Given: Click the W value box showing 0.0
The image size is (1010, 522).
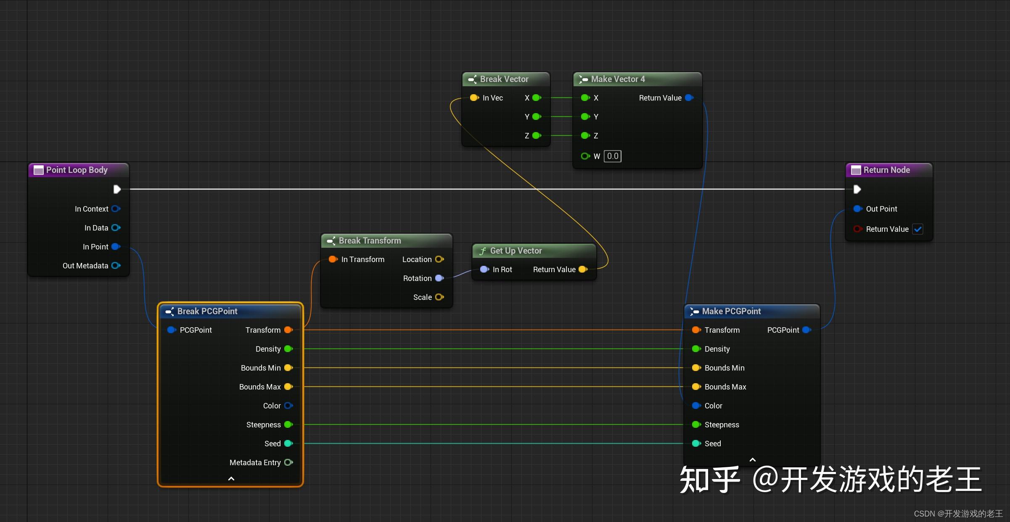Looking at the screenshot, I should click(x=612, y=156).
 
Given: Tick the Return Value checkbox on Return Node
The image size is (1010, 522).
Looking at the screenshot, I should click(x=918, y=229).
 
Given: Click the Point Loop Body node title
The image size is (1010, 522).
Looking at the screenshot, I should click(x=77, y=170).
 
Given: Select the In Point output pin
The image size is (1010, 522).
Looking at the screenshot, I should click(x=116, y=247).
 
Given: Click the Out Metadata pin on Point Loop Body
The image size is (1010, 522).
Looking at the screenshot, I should click(x=116, y=266).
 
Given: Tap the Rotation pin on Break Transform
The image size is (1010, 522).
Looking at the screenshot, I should click(x=439, y=278).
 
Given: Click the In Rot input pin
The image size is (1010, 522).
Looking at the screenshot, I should click(x=484, y=269).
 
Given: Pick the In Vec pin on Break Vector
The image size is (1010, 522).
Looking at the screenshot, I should click(x=474, y=98).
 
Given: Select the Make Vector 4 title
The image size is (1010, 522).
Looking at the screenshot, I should click(x=617, y=79).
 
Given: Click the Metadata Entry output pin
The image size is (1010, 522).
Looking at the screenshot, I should click(x=288, y=462).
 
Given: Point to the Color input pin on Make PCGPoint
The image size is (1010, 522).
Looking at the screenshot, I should click(x=696, y=405).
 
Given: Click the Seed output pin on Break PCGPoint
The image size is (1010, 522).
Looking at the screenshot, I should click(x=288, y=443).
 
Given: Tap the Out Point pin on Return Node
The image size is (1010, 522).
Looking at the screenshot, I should click(x=857, y=209).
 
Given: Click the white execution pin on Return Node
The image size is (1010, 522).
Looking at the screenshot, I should click(x=857, y=189).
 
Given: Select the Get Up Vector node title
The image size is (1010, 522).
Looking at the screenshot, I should click(x=516, y=251).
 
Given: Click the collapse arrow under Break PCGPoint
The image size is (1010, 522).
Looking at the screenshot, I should click(x=231, y=479).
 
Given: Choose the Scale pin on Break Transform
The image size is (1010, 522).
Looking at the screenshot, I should click(x=439, y=297).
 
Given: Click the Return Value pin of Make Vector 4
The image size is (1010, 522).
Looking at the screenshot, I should click(x=689, y=98).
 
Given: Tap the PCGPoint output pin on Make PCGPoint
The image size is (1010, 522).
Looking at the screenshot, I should click(x=806, y=330).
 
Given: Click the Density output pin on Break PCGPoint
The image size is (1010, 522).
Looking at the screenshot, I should click(x=288, y=349).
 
